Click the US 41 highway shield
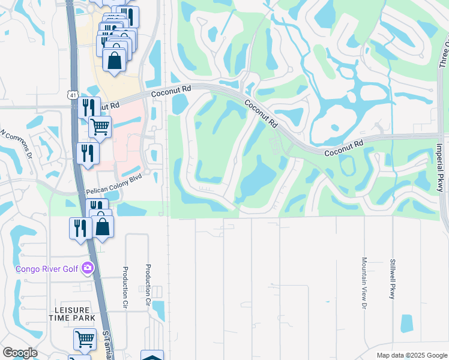[x=72, y=95]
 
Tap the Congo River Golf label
[x=47, y=268]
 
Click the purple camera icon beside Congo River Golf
[x=88, y=268]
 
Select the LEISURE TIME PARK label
[x=73, y=314]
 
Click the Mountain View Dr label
[x=364, y=283]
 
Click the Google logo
[x=20, y=353]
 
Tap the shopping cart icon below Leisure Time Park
[x=85, y=339]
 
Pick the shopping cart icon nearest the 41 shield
[x=100, y=127]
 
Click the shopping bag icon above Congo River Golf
[x=103, y=227]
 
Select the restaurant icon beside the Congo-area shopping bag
[x=80, y=228]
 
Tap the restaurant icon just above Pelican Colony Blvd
[x=88, y=153]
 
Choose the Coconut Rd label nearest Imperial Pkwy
[x=345, y=148]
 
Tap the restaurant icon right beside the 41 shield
[x=88, y=108]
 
